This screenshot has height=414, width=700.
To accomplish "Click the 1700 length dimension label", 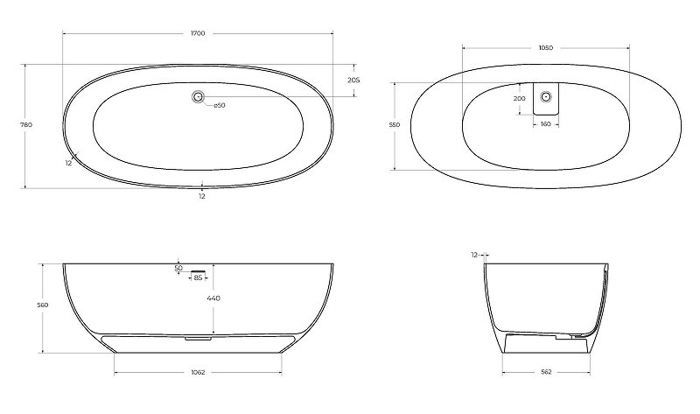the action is click(x=198, y=33).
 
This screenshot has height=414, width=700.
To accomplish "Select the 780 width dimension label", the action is click(x=26, y=125).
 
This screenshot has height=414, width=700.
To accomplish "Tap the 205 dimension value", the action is click(x=353, y=81).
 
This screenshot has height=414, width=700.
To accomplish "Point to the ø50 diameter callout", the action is click(x=220, y=105).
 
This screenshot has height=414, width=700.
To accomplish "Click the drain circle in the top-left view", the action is click(x=198, y=96).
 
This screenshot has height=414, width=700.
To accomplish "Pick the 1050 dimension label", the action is click(x=545, y=48).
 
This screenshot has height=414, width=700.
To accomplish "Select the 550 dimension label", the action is click(x=395, y=125).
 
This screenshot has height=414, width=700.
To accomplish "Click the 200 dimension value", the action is click(x=519, y=99).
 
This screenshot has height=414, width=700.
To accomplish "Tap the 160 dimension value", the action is click(x=545, y=124).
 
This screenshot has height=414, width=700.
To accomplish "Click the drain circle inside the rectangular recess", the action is click(x=545, y=96).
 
